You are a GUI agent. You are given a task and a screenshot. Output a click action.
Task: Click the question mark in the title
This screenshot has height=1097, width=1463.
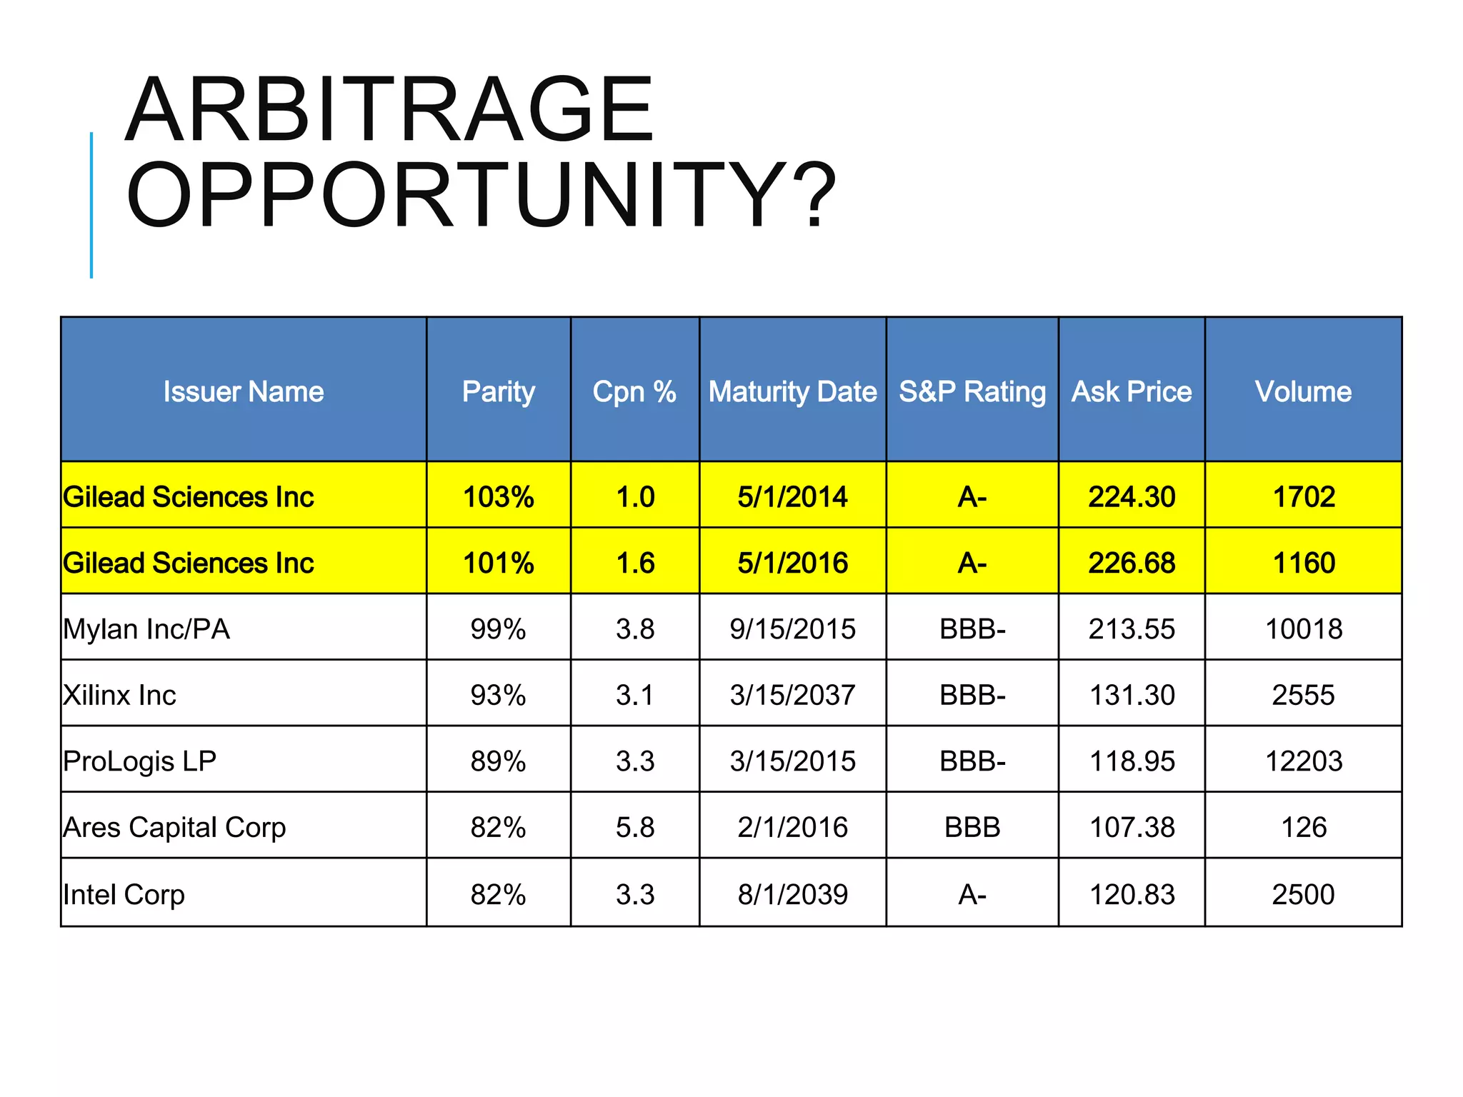coord(814,195)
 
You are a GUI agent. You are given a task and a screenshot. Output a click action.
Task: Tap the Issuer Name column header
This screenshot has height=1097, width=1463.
coord(244,391)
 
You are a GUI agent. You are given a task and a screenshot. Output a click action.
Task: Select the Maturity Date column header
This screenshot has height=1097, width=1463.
coord(792,391)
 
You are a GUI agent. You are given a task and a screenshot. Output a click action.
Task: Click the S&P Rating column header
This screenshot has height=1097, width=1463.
coord(972,391)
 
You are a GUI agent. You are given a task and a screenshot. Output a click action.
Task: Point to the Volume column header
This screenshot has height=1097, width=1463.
coord(1303,391)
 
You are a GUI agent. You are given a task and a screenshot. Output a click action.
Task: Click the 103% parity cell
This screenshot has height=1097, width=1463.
coord(498,496)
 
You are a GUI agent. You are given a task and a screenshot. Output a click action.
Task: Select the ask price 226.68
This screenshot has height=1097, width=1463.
coord(1132,563)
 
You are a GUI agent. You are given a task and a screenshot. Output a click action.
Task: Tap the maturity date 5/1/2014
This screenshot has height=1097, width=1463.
coord(792,496)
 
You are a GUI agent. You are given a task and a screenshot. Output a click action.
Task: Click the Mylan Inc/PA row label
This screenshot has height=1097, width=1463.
coord(146,629)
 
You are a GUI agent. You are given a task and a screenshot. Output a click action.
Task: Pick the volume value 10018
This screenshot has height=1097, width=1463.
coord(1303,629)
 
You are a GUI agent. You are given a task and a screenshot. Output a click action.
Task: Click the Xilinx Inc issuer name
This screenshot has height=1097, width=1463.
coord(119,695)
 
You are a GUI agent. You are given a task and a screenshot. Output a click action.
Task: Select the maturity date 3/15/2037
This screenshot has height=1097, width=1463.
coord(792,695)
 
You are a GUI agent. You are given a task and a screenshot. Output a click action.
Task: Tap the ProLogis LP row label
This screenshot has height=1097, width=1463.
coord(139,761)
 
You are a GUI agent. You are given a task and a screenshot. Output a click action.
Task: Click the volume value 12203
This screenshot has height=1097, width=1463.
coord(1303,761)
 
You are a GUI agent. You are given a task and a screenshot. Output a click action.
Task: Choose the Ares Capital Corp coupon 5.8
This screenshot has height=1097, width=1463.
coord(635,828)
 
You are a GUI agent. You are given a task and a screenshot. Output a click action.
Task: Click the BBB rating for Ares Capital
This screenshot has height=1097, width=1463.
coord(972,828)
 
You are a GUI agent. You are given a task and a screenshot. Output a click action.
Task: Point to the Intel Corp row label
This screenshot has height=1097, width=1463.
coord(124,894)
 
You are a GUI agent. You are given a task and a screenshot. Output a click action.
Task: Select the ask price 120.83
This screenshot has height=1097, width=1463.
coord(1132,894)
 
